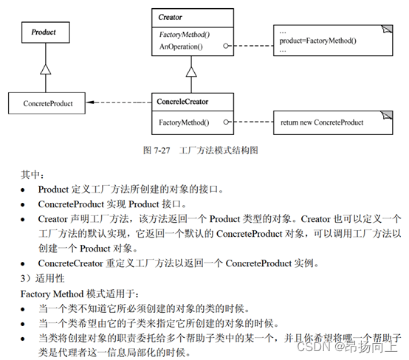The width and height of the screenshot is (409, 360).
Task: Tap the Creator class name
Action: [x=170, y=18]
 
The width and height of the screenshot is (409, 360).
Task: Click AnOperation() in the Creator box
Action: [x=181, y=46]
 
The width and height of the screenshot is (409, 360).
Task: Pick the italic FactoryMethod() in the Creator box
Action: [x=185, y=35]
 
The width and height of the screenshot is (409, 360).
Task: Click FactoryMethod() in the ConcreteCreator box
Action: [x=184, y=122]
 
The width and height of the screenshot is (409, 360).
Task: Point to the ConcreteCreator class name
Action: [x=182, y=102]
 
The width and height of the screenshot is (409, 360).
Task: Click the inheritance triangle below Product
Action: [x=46, y=69]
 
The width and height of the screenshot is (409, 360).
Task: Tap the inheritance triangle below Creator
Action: [x=191, y=72]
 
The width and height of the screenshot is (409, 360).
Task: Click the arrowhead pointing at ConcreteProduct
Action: [x=90, y=103]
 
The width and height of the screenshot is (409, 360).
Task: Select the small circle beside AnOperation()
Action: [x=226, y=46]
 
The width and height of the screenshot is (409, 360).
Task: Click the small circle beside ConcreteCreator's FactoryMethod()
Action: [x=226, y=122]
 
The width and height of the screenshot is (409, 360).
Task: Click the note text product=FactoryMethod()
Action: [x=317, y=41]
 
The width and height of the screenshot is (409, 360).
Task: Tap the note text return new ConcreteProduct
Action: [x=322, y=122]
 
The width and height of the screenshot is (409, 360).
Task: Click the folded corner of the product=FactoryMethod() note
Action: [x=387, y=29]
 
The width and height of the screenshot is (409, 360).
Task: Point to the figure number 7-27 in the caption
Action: [x=162, y=150]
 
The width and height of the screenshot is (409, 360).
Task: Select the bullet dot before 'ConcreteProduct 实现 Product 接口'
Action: [x=23, y=205]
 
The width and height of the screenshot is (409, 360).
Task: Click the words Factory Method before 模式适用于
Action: [x=52, y=294]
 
